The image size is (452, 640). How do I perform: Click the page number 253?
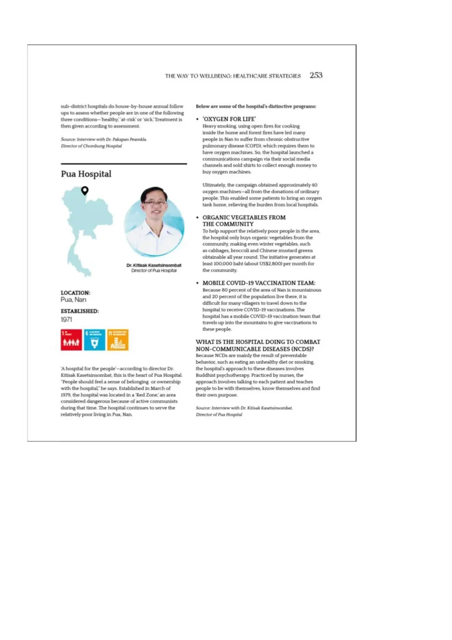pos(316,75)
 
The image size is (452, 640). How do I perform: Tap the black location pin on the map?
pos(85,190)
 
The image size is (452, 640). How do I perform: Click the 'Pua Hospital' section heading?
pos(86,174)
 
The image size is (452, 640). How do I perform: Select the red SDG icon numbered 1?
pos(71,340)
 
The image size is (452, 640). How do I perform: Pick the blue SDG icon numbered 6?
pos(94,340)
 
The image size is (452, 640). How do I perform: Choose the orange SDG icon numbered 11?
pos(117,340)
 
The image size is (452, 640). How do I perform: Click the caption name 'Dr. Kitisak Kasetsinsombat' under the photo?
pos(154,265)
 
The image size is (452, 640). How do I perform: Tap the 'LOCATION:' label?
pos(76,292)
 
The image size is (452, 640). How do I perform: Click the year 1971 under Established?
pos(67,319)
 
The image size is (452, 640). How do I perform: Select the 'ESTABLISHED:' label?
pos(80,311)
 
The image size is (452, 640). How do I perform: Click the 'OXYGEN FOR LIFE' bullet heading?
pos(229,119)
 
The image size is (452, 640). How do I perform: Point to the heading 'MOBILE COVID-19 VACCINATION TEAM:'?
pos(258,283)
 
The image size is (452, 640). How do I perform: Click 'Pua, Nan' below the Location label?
pos(73,300)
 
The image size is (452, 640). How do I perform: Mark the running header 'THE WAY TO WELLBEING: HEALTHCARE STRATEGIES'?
pos(233,76)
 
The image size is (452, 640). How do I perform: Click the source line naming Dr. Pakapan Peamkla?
pos(104,139)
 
